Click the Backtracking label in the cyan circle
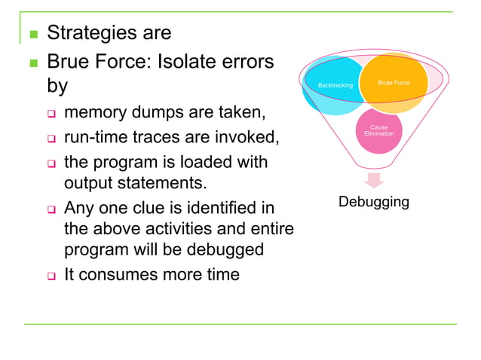335,86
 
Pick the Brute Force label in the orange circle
393,83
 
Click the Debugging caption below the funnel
374,202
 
